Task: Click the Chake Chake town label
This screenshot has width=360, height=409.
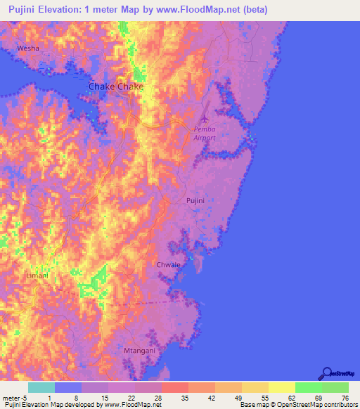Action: click(x=115, y=86)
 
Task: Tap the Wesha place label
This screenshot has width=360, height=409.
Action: click(x=28, y=48)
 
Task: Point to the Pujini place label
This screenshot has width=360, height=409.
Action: click(x=195, y=201)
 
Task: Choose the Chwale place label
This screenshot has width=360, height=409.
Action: click(x=168, y=265)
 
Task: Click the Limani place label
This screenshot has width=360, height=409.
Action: click(x=37, y=275)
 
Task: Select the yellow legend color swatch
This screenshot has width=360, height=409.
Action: click(x=281, y=387)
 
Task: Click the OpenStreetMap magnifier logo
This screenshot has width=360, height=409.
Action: click(x=327, y=374)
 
